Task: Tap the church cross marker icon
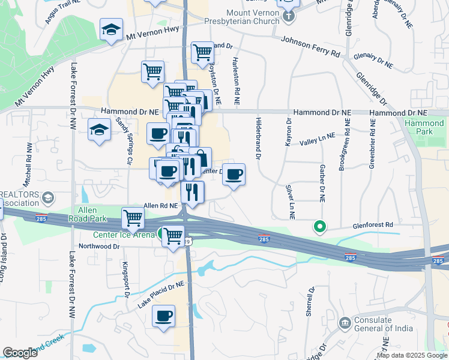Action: [x=288, y=16]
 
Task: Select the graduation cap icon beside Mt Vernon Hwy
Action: [x=111, y=29]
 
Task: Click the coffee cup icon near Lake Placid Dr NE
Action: [x=163, y=316]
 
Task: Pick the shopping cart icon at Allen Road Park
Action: [x=133, y=218]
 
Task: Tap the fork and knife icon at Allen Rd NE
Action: [x=193, y=191]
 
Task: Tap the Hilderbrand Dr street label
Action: [x=259, y=139]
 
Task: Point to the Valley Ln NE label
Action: [x=318, y=140]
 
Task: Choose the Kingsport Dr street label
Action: [x=126, y=280]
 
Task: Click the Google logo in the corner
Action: [x=20, y=353]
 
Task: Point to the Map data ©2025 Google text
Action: [x=412, y=355]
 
